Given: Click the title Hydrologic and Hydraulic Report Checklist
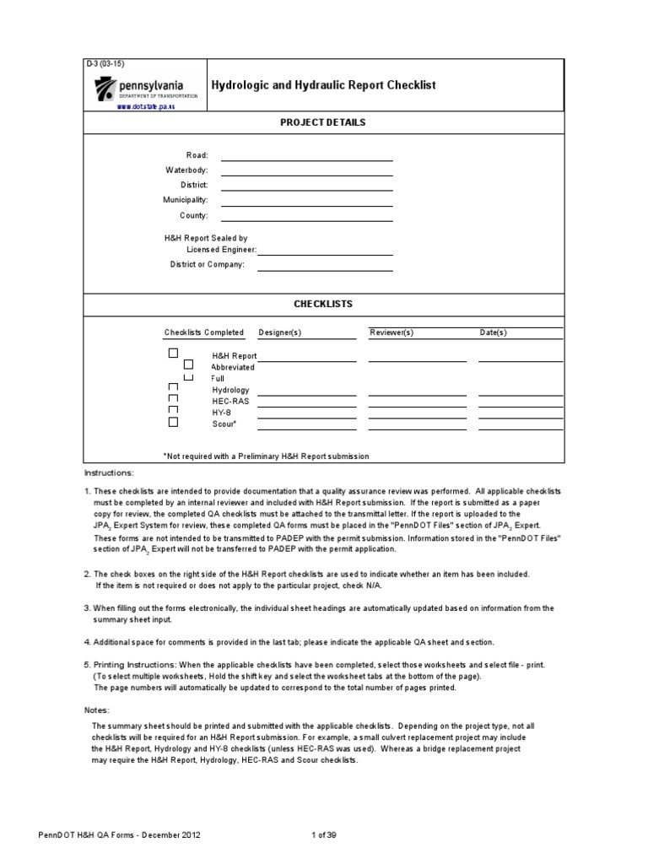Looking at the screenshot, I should (323, 86).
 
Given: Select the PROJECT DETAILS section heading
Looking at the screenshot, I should (323, 122).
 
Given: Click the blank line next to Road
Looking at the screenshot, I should (306, 156).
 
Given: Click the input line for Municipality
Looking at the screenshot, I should (306, 201).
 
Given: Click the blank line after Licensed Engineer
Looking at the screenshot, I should (325, 251).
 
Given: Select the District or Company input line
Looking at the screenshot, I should (325, 266).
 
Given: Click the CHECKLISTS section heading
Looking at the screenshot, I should (323, 304).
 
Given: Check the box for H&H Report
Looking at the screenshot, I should (173, 353).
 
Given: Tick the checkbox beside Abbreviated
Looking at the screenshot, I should (189, 364).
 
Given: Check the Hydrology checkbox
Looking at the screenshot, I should (173, 387).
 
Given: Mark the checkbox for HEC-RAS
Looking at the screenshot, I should (173, 398).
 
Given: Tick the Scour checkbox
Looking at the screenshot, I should (173, 421).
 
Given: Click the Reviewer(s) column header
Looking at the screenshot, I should (391, 332).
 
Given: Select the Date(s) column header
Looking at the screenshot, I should (494, 332).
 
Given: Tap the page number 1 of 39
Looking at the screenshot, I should (325, 834).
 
